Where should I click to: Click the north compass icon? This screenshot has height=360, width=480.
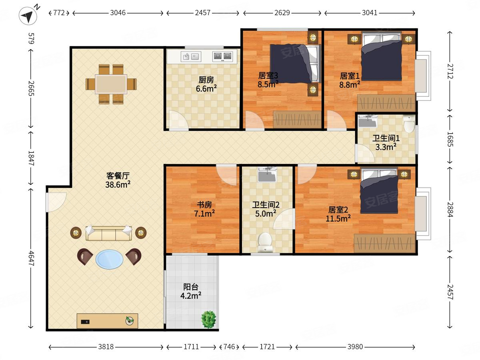click(x=28, y=16)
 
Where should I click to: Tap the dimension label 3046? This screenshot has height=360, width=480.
click(x=118, y=13)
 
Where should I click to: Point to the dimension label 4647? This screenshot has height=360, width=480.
click(x=31, y=258)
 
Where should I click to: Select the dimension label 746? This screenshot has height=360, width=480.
click(x=229, y=347)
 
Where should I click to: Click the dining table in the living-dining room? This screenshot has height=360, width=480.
click(x=111, y=84)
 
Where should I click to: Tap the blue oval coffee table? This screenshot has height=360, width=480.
click(x=109, y=260)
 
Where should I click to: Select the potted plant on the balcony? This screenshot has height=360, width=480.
click(x=209, y=319)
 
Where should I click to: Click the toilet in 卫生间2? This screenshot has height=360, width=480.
click(x=265, y=242)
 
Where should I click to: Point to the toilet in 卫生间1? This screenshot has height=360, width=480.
click(x=409, y=124)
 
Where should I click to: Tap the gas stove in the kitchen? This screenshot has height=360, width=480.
click(x=222, y=56)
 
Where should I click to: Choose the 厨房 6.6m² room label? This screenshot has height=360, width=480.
click(x=206, y=84)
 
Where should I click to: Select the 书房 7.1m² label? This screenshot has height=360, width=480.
click(x=204, y=209)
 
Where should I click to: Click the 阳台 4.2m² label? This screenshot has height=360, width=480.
click(x=191, y=291)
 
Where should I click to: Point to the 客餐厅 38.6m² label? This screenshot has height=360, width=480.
click(x=118, y=180)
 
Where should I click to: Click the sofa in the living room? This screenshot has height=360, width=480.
click(x=108, y=233)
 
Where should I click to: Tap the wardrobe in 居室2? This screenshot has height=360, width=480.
click(x=384, y=243)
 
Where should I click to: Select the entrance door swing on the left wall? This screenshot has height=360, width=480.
click(x=56, y=202)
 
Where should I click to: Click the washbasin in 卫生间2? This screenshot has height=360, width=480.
click(x=267, y=175)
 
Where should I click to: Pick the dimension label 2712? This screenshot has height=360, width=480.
click(x=450, y=71)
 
